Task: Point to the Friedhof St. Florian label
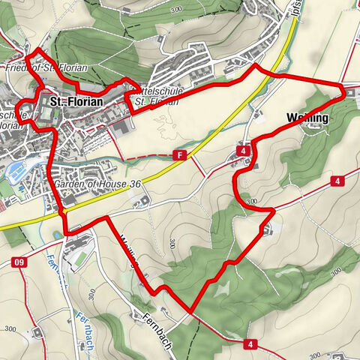(x=46, y=68)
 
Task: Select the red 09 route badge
(x=19, y=262)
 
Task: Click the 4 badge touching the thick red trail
(x=245, y=151)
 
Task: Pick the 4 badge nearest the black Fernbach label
(x=247, y=343)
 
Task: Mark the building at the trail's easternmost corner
(x=351, y=91)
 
